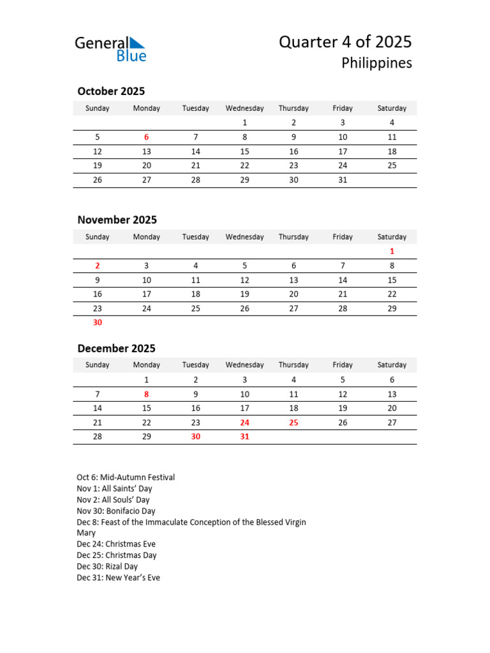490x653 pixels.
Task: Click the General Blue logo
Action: point(110,49)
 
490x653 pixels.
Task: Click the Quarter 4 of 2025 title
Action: point(345,42)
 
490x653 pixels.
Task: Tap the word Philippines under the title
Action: point(376,63)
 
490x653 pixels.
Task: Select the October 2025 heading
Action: point(111,91)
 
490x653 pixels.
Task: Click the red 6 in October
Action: point(147,137)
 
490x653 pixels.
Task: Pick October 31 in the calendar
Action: point(343,180)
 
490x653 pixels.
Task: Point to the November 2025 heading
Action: point(117,220)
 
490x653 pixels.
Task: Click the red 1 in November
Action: point(392,251)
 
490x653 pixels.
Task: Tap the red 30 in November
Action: point(98,323)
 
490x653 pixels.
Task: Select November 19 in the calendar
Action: point(244,294)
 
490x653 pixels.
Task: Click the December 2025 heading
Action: point(116,348)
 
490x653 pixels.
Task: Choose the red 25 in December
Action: point(293,422)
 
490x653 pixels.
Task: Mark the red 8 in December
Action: point(147,394)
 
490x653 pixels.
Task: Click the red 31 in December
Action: point(244,437)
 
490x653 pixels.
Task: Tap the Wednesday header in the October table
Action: point(244,108)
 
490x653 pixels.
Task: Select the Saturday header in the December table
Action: point(392,365)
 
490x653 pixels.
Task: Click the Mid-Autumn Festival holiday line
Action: point(126,478)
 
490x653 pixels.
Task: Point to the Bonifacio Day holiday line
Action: point(116,511)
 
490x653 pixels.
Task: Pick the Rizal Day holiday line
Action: point(107,566)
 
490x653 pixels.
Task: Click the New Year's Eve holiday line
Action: point(118,578)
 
